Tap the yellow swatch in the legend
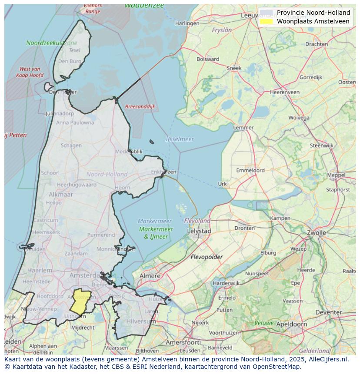(x=266, y=21)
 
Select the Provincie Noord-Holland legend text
(x=313, y=13)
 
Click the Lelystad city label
(x=199, y=232)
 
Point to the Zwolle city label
(x=317, y=233)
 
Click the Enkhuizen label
(x=163, y=172)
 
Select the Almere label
(x=150, y=276)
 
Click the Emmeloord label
(x=250, y=170)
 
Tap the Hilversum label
(x=141, y=321)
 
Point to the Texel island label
(x=74, y=50)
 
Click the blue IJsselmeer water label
(x=180, y=139)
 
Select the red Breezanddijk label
(x=140, y=106)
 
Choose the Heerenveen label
(x=284, y=92)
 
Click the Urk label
(x=222, y=184)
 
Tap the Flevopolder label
(x=207, y=257)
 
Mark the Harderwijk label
(x=226, y=283)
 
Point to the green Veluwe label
(x=264, y=323)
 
